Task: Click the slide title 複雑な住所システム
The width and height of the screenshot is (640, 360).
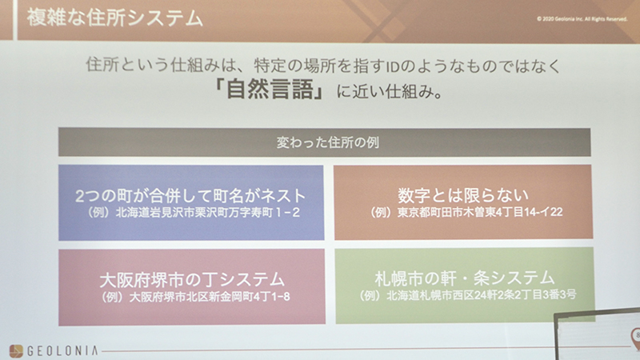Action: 114,18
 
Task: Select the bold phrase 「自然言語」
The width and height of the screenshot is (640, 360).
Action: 270,90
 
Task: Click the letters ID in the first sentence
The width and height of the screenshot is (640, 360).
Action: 393,66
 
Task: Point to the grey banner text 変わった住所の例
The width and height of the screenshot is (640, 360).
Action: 328,142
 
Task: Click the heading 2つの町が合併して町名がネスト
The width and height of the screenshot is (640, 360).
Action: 190,196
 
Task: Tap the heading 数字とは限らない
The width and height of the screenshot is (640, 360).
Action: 463,195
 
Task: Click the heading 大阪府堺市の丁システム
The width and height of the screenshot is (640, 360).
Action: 192,280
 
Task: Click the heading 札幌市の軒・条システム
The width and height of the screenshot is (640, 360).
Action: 465,278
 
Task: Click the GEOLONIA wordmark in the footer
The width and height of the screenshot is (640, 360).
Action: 62,350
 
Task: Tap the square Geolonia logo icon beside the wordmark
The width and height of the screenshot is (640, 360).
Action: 16,351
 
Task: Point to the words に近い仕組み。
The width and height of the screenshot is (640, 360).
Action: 390,91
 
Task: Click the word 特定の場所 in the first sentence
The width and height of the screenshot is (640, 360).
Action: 296,66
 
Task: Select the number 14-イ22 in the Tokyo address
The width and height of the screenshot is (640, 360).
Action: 542,212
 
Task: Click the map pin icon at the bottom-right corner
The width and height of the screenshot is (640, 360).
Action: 636,337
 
